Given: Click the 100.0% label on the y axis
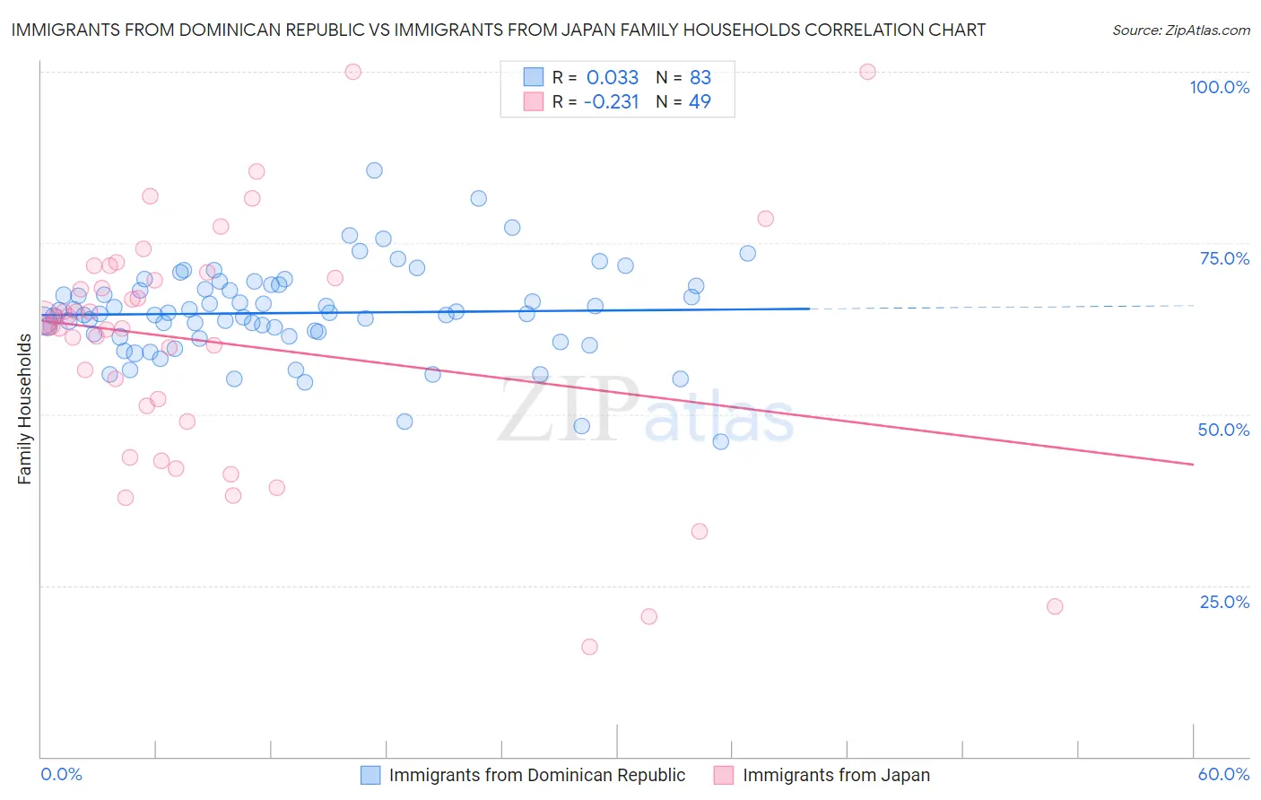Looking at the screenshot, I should coord(1219,87).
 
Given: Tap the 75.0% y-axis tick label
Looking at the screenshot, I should coord(1224,258).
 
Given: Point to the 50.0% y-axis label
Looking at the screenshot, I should coord(1223,430).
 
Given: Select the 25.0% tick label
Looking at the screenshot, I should coord(1224,602).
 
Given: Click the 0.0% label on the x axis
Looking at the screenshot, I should coord(61,774).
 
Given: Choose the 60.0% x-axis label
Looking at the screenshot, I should coord(1223,774).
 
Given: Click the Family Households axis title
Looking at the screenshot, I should coord(25,409).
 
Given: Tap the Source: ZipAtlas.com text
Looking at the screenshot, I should coord(1180,30).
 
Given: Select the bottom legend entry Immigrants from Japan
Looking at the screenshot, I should coord(836,775).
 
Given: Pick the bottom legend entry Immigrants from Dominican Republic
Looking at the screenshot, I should coord(536,775).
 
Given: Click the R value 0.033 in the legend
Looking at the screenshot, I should coord(613,78).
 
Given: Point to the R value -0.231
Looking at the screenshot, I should coord(611,102).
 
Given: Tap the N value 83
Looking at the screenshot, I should coord(700,78).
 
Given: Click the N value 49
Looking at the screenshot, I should coord(700,102).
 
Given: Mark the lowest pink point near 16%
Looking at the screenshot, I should coord(589,647).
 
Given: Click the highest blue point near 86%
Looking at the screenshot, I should coord(374,170).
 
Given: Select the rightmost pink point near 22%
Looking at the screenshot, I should coord(1055,606).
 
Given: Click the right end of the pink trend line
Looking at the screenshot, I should coord(1193,464).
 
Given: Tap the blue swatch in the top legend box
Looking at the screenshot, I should coord(533,78).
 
